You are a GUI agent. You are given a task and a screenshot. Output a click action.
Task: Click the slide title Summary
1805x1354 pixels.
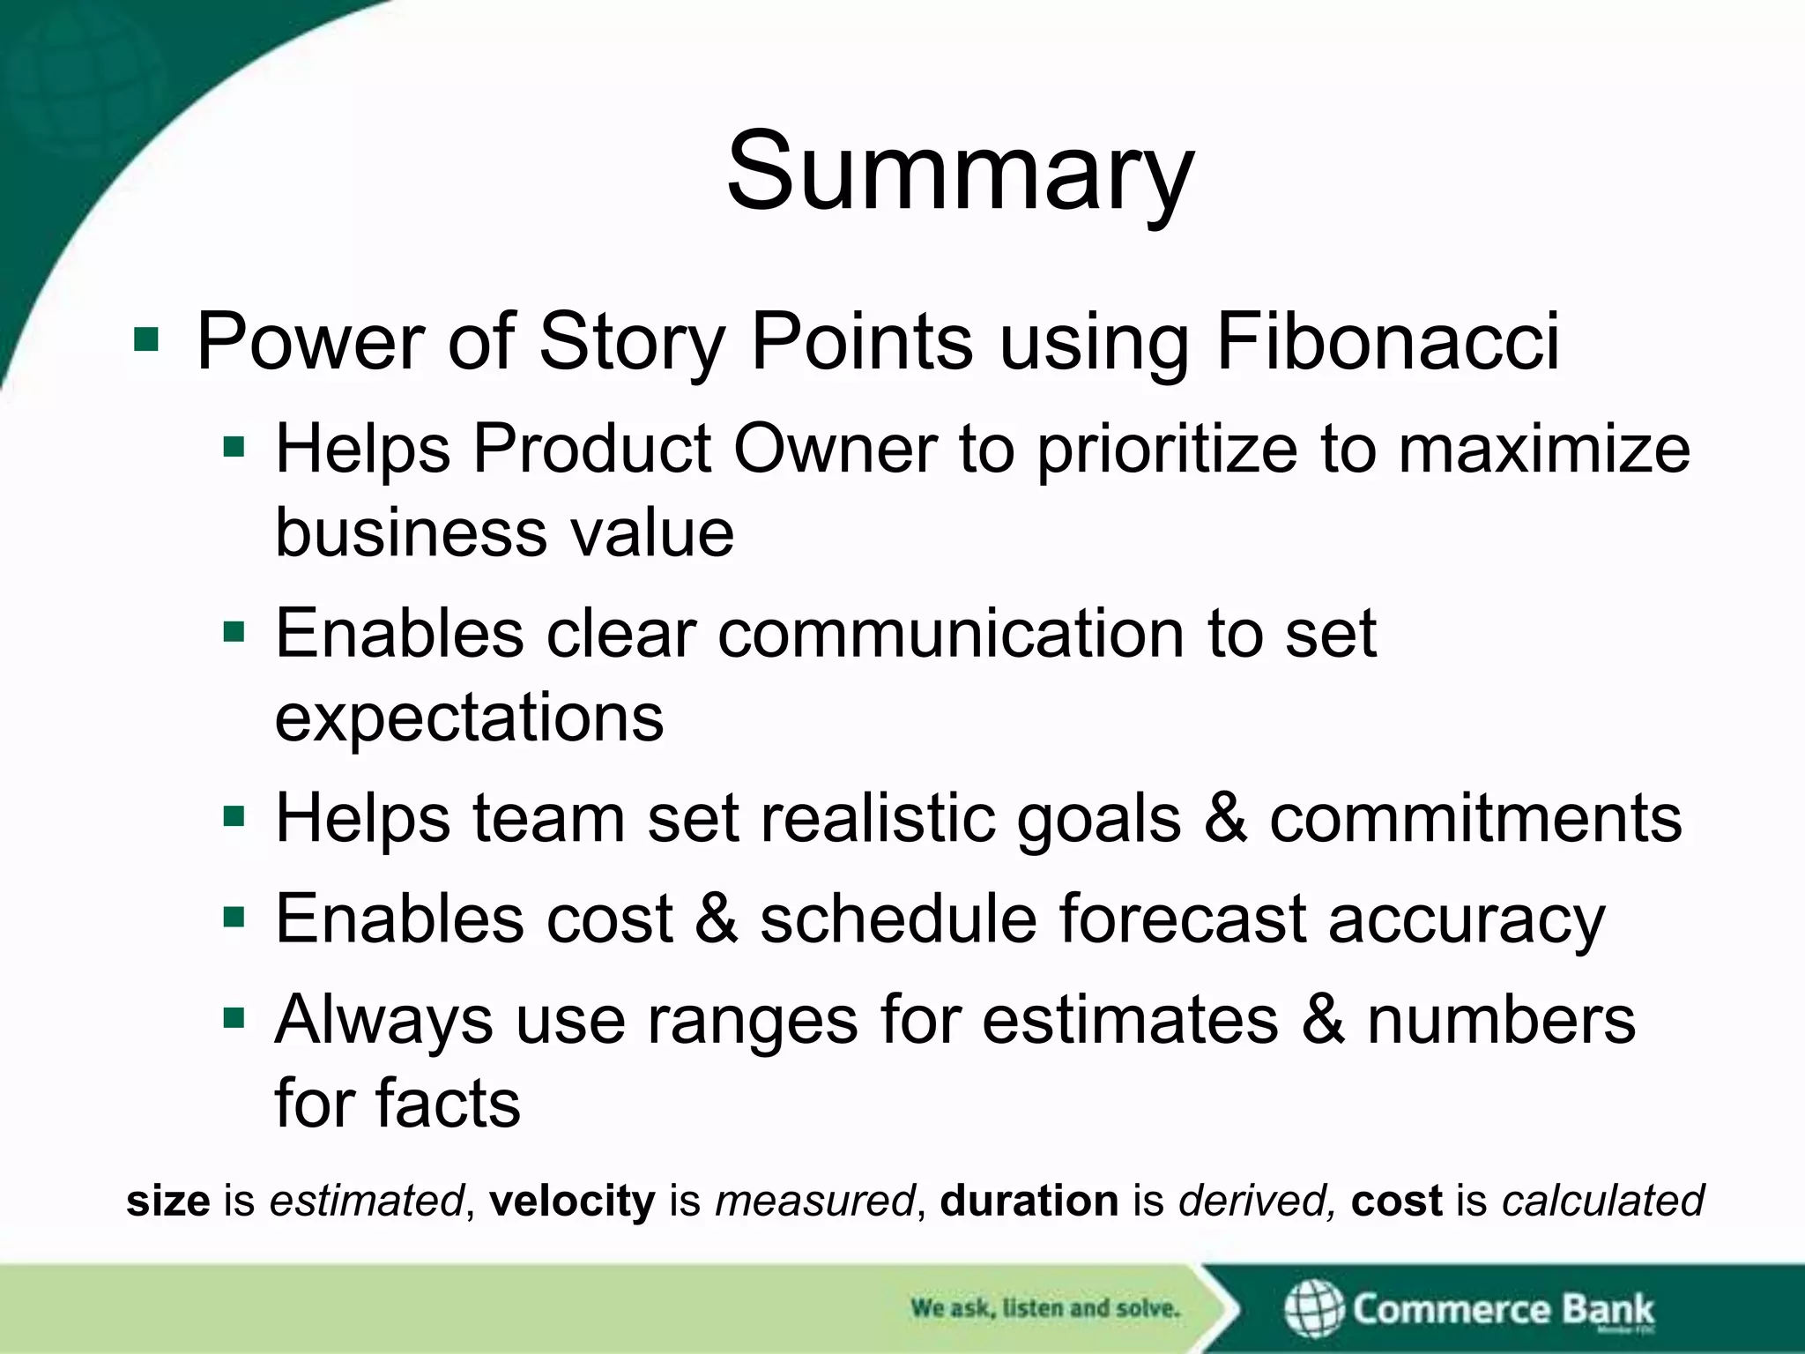click(959, 172)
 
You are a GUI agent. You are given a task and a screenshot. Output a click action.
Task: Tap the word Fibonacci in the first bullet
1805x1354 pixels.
click(1387, 341)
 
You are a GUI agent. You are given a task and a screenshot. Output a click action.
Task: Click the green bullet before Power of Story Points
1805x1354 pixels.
click(146, 340)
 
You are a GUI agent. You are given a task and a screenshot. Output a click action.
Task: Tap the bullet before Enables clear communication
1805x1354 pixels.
click(234, 632)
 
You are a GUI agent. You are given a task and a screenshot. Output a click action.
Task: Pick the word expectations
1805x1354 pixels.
click(469, 718)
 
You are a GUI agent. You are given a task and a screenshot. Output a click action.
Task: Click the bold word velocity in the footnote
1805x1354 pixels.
click(572, 1201)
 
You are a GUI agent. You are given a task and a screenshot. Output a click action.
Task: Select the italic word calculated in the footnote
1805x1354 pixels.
click(1603, 1201)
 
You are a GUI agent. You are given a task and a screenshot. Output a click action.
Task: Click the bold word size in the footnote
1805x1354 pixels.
click(167, 1201)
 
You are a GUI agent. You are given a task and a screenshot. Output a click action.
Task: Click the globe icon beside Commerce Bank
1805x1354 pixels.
click(1313, 1308)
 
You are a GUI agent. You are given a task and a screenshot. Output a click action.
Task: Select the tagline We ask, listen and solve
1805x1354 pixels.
click(1044, 1308)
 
